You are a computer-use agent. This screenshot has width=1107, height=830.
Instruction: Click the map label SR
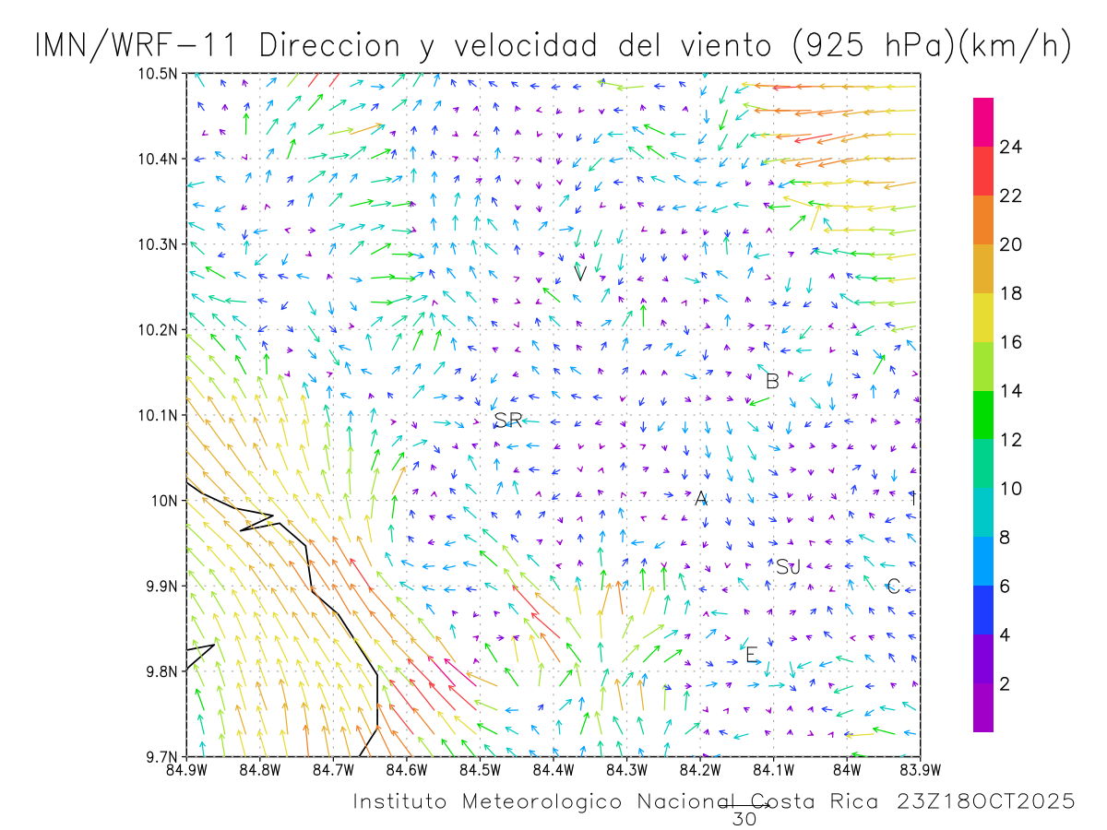[x=508, y=421]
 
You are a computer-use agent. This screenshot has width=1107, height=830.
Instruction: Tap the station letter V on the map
[x=580, y=273]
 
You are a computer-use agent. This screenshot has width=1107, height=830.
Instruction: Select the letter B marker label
[x=773, y=381]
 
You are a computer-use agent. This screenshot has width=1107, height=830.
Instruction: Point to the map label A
[x=701, y=499]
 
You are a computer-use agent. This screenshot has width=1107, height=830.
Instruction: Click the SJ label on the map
[x=788, y=567]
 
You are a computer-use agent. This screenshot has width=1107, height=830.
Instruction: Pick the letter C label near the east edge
[x=893, y=587]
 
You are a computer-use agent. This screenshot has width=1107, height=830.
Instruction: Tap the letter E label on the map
[x=751, y=655]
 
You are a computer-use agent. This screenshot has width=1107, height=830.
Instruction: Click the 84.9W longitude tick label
[x=186, y=769]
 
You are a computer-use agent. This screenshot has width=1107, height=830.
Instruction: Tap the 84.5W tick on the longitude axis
[x=480, y=769]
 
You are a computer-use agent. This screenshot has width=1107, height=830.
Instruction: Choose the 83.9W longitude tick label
[x=920, y=769]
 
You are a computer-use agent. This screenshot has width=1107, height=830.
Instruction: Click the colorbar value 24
[x=1011, y=147]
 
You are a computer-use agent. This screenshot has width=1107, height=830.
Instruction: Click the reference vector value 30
[x=743, y=817]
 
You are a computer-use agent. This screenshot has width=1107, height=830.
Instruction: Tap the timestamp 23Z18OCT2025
[x=986, y=802]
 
